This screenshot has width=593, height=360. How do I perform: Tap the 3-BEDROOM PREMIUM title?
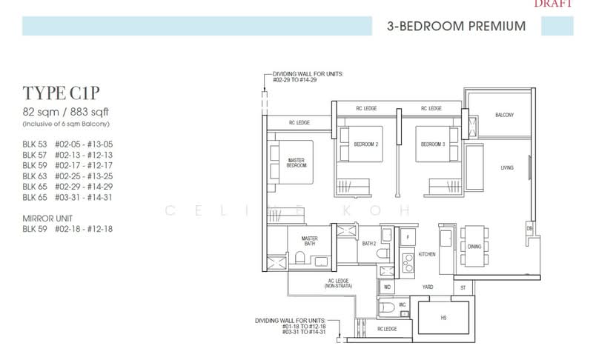[456, 27]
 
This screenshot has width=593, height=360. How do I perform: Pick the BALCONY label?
[505, 116]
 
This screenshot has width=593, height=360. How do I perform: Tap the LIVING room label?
[507, 168]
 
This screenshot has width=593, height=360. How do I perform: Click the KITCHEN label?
[428, 254]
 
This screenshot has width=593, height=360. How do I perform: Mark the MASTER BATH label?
[310, 241]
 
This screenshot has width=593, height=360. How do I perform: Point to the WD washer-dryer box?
[387, 285]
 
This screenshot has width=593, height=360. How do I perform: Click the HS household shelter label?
[443, 318]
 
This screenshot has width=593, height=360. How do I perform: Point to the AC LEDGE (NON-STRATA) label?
[340, 283]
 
